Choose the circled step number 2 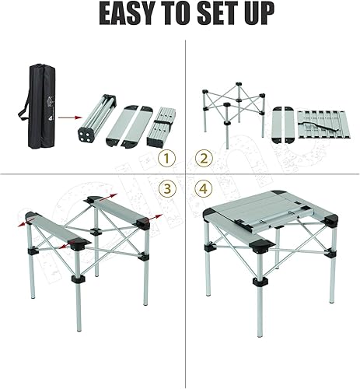pyautogui.click(x=202, y=159)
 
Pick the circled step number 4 pyautogui.click(x=202, y=188)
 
